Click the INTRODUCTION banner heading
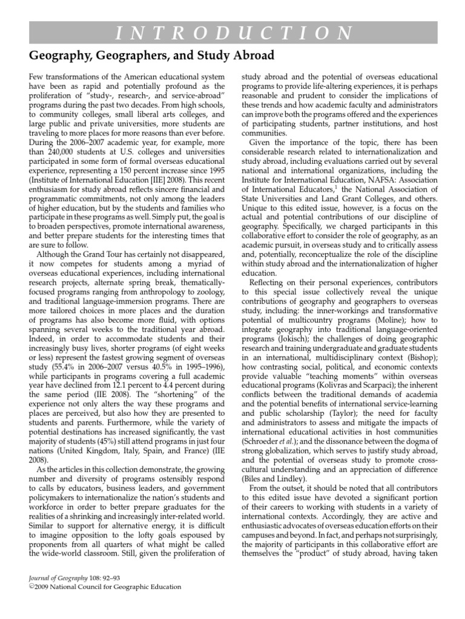pyautogui.click(x=232, y=32)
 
